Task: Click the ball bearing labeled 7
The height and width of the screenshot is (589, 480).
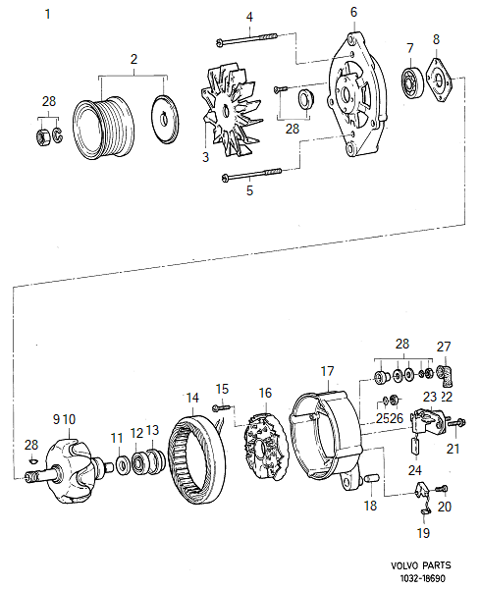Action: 412,81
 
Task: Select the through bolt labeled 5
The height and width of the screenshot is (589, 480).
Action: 253,176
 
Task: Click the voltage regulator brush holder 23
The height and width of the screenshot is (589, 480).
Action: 425,424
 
